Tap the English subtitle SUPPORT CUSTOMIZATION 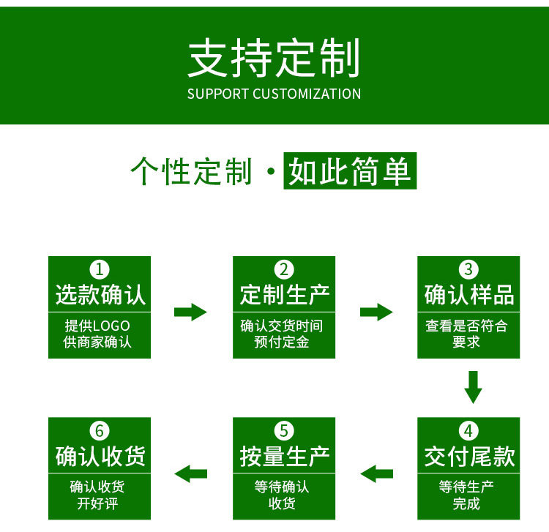[274, 94]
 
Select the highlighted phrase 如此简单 [350, 171]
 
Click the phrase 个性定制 [192, 171]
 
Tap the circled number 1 [100, 269]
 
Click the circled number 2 [284, 269]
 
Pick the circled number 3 [468, 269]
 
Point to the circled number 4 [468, 430]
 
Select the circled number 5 [284, 430]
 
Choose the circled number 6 [100, 430]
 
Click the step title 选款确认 [100, 295]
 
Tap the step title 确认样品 [468, 295]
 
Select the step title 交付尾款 [468, 457]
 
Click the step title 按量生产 [284, 457]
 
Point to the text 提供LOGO [97, 326]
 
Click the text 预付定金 [282, 342]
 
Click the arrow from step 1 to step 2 [190, 312]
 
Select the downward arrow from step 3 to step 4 [474, 387]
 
